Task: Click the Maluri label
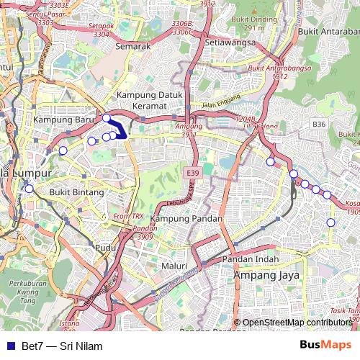click(175, 266)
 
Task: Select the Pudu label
click(105, 247)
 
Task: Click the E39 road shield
click(192, 173)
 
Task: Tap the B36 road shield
click(320, 125)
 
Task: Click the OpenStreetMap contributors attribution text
click(296, 323)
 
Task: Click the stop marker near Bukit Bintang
click(29, 189)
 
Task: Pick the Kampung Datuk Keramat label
click(152, 101)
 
